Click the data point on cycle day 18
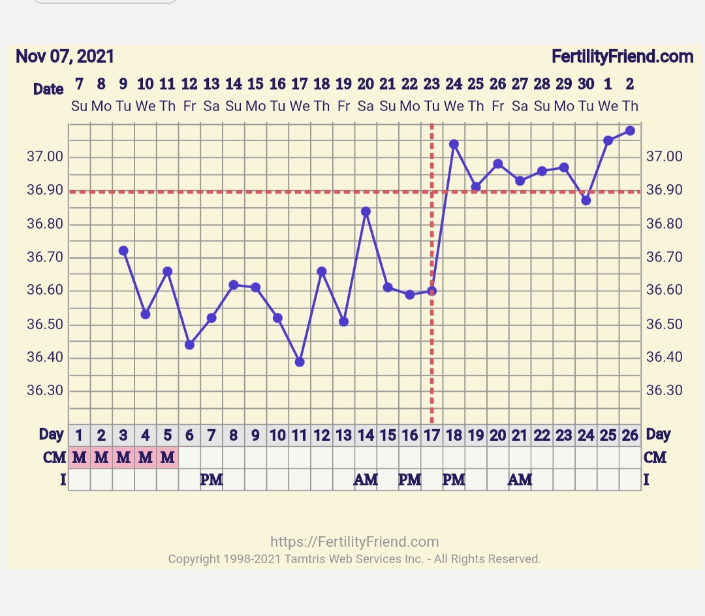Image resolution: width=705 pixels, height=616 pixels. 454,144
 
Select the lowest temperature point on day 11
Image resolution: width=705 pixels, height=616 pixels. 300,362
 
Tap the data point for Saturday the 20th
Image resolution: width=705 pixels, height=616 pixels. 366,212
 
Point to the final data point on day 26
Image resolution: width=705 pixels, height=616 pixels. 630,131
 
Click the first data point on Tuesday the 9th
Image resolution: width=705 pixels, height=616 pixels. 123,250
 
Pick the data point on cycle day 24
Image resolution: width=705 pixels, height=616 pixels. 586,201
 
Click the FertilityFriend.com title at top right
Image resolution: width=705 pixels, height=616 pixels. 622,57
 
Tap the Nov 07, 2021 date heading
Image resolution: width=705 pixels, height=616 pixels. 65,57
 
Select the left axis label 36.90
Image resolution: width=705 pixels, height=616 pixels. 44,191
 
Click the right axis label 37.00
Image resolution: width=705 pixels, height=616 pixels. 664,157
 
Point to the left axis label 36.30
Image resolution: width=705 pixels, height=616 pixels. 44,391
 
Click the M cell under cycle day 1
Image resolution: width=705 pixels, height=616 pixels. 80,458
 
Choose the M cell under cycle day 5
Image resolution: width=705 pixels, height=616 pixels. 168,458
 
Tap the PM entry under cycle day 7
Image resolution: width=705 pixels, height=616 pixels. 211,480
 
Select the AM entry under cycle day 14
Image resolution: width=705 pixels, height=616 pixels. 366,480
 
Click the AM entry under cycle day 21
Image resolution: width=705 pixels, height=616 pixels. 520,480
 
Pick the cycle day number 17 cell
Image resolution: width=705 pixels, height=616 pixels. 431,435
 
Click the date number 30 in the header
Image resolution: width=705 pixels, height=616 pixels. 586,84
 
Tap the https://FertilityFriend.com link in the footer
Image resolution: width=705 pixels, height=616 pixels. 354,542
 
